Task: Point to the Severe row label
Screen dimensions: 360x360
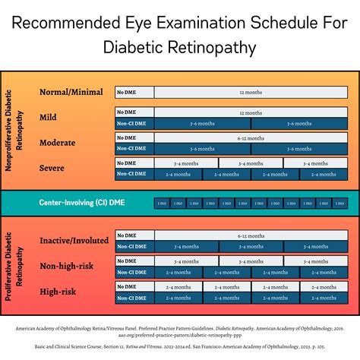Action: (52, 168)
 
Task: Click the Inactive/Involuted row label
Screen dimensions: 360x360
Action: (74, 241)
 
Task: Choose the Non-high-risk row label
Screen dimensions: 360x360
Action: (68, 266)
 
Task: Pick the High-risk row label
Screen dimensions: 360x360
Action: (58, 291)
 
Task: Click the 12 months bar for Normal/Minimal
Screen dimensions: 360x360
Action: (250, 93)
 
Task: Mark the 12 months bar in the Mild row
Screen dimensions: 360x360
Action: (250, 112)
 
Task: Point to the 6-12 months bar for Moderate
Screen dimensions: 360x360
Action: (250, 138)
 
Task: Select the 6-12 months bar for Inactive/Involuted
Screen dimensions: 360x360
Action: (250, 236)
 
